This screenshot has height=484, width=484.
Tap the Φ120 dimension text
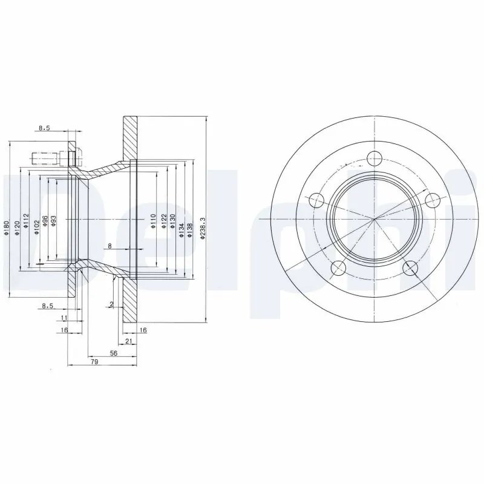click(17, 225)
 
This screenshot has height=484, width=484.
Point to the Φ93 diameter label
click(54, 221)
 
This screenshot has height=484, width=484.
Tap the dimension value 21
click(129, 341)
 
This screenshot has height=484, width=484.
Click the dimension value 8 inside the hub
click(110, 246)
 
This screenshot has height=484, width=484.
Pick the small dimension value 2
click(112, 304)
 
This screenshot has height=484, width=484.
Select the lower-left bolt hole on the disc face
click(339, 267)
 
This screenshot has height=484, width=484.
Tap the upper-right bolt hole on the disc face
click(431, 199)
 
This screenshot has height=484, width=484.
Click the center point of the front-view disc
click(374, 218)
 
